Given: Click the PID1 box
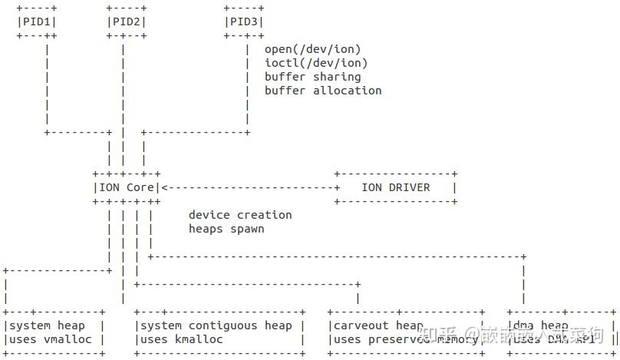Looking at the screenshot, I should tap(36, 21).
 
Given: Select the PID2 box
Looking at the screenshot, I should tap(126, 21).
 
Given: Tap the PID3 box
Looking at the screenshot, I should tap(245, 21).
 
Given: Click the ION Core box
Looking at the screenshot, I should tap(126, 187).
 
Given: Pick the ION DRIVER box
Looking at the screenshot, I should tap(396, 187).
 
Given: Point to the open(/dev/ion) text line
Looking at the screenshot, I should tap(312, 49).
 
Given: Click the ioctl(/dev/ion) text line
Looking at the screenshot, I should tap(315, 63).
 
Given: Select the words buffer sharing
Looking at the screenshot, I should tap(312, 77).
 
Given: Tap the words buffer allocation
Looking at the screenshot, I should tap(322, 91).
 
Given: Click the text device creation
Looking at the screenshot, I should tap(240, 215).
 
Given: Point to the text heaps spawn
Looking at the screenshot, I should tap(226, 229).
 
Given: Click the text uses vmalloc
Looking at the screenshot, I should tap(50, 339).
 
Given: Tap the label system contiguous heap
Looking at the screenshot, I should tap(216, 325).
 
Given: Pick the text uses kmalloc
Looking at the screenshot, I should tap(182, 339).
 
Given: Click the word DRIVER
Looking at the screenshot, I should tap(410, 187).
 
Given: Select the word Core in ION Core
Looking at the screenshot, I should tap(140, 187).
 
